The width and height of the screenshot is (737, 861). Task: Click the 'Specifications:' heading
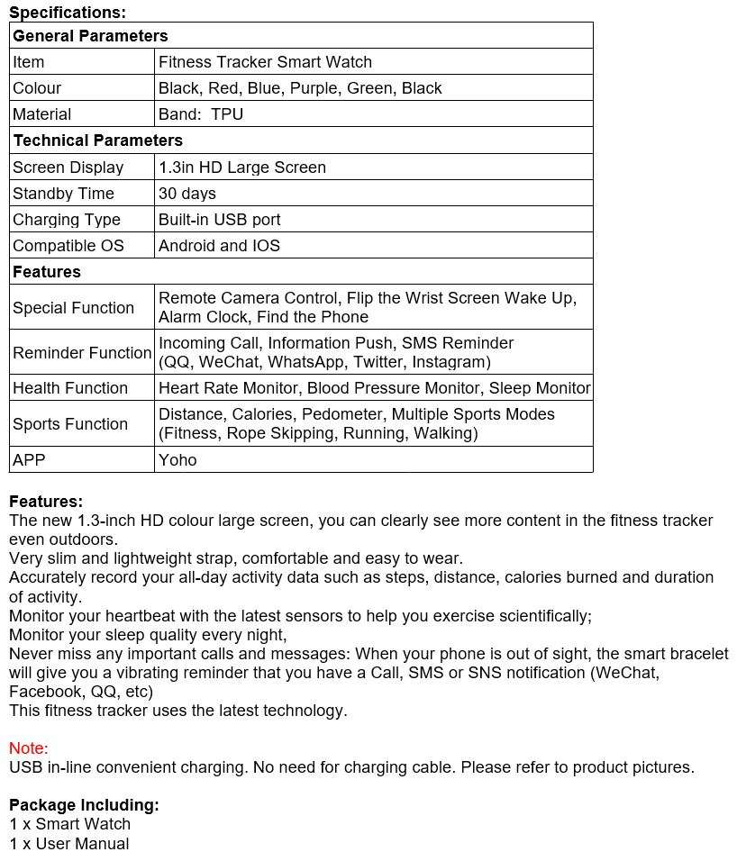point(68,13)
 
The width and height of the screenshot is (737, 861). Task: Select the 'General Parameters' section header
point(90,36)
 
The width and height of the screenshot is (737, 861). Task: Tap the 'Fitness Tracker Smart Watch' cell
point(265,62)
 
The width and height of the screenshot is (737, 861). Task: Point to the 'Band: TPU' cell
point(201,114)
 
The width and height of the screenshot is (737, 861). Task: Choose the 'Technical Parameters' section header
point(97,140)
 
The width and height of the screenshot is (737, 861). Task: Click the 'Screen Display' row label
point(68,168)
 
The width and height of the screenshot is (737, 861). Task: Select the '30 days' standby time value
point(187,194)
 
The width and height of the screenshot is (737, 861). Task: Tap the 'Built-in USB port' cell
point(220,220)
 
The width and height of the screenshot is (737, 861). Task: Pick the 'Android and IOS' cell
point(219,246)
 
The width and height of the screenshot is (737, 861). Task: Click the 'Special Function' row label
point(73,308)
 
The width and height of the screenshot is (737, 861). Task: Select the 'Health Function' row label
point(70,388)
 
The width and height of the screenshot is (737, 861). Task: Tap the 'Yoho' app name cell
point(177,460)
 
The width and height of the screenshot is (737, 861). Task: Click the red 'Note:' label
point(29,748)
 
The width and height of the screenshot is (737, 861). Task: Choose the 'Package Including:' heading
point(84,805)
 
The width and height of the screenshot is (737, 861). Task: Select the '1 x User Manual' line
point(69,844)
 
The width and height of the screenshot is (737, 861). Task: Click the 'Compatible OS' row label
point(68,246)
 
